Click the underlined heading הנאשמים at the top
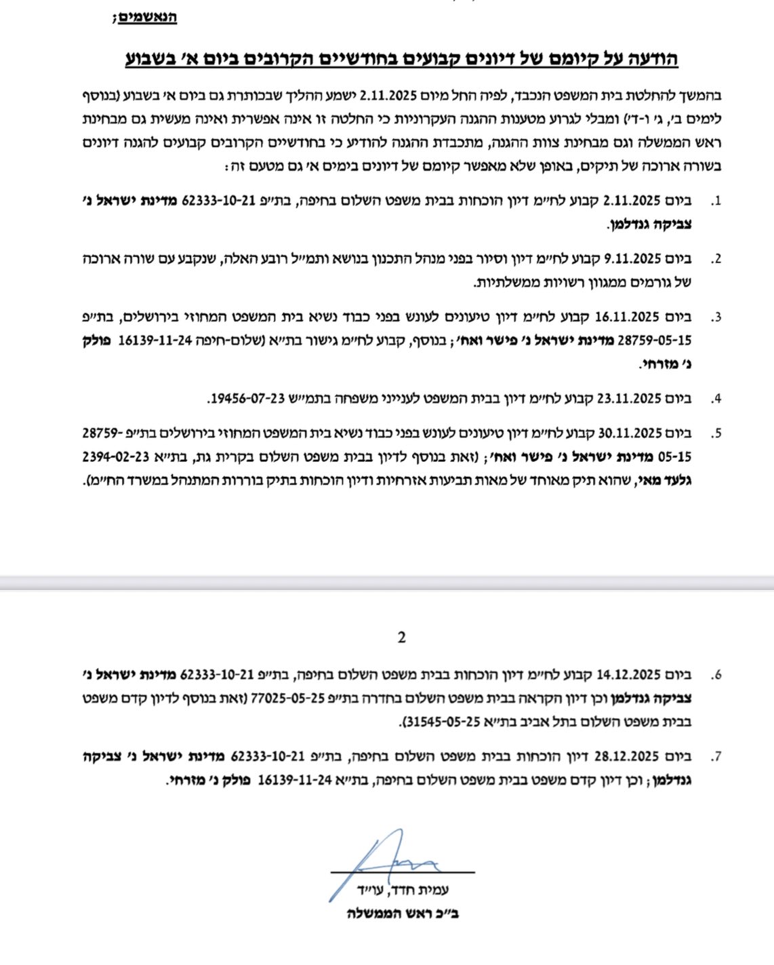pos(147,17)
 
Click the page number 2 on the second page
pos(402,637)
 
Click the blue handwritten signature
pos(393,861)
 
